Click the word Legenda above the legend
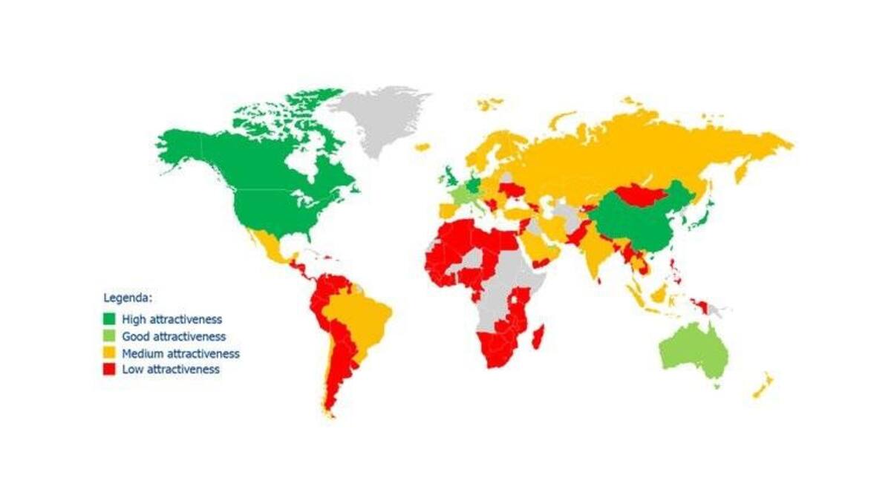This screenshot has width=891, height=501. [x=128, y=298]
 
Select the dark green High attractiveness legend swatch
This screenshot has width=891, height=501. [x=109, y=319]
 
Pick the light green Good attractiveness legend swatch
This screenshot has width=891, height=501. [x=109, y=336]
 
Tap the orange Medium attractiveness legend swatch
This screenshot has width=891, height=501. [x=109, y=353]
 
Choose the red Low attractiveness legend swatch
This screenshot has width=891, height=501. [x=109, y=369]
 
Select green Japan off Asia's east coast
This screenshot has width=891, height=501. [x=699, y=215]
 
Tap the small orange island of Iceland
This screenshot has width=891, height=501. [x=422, y=147]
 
